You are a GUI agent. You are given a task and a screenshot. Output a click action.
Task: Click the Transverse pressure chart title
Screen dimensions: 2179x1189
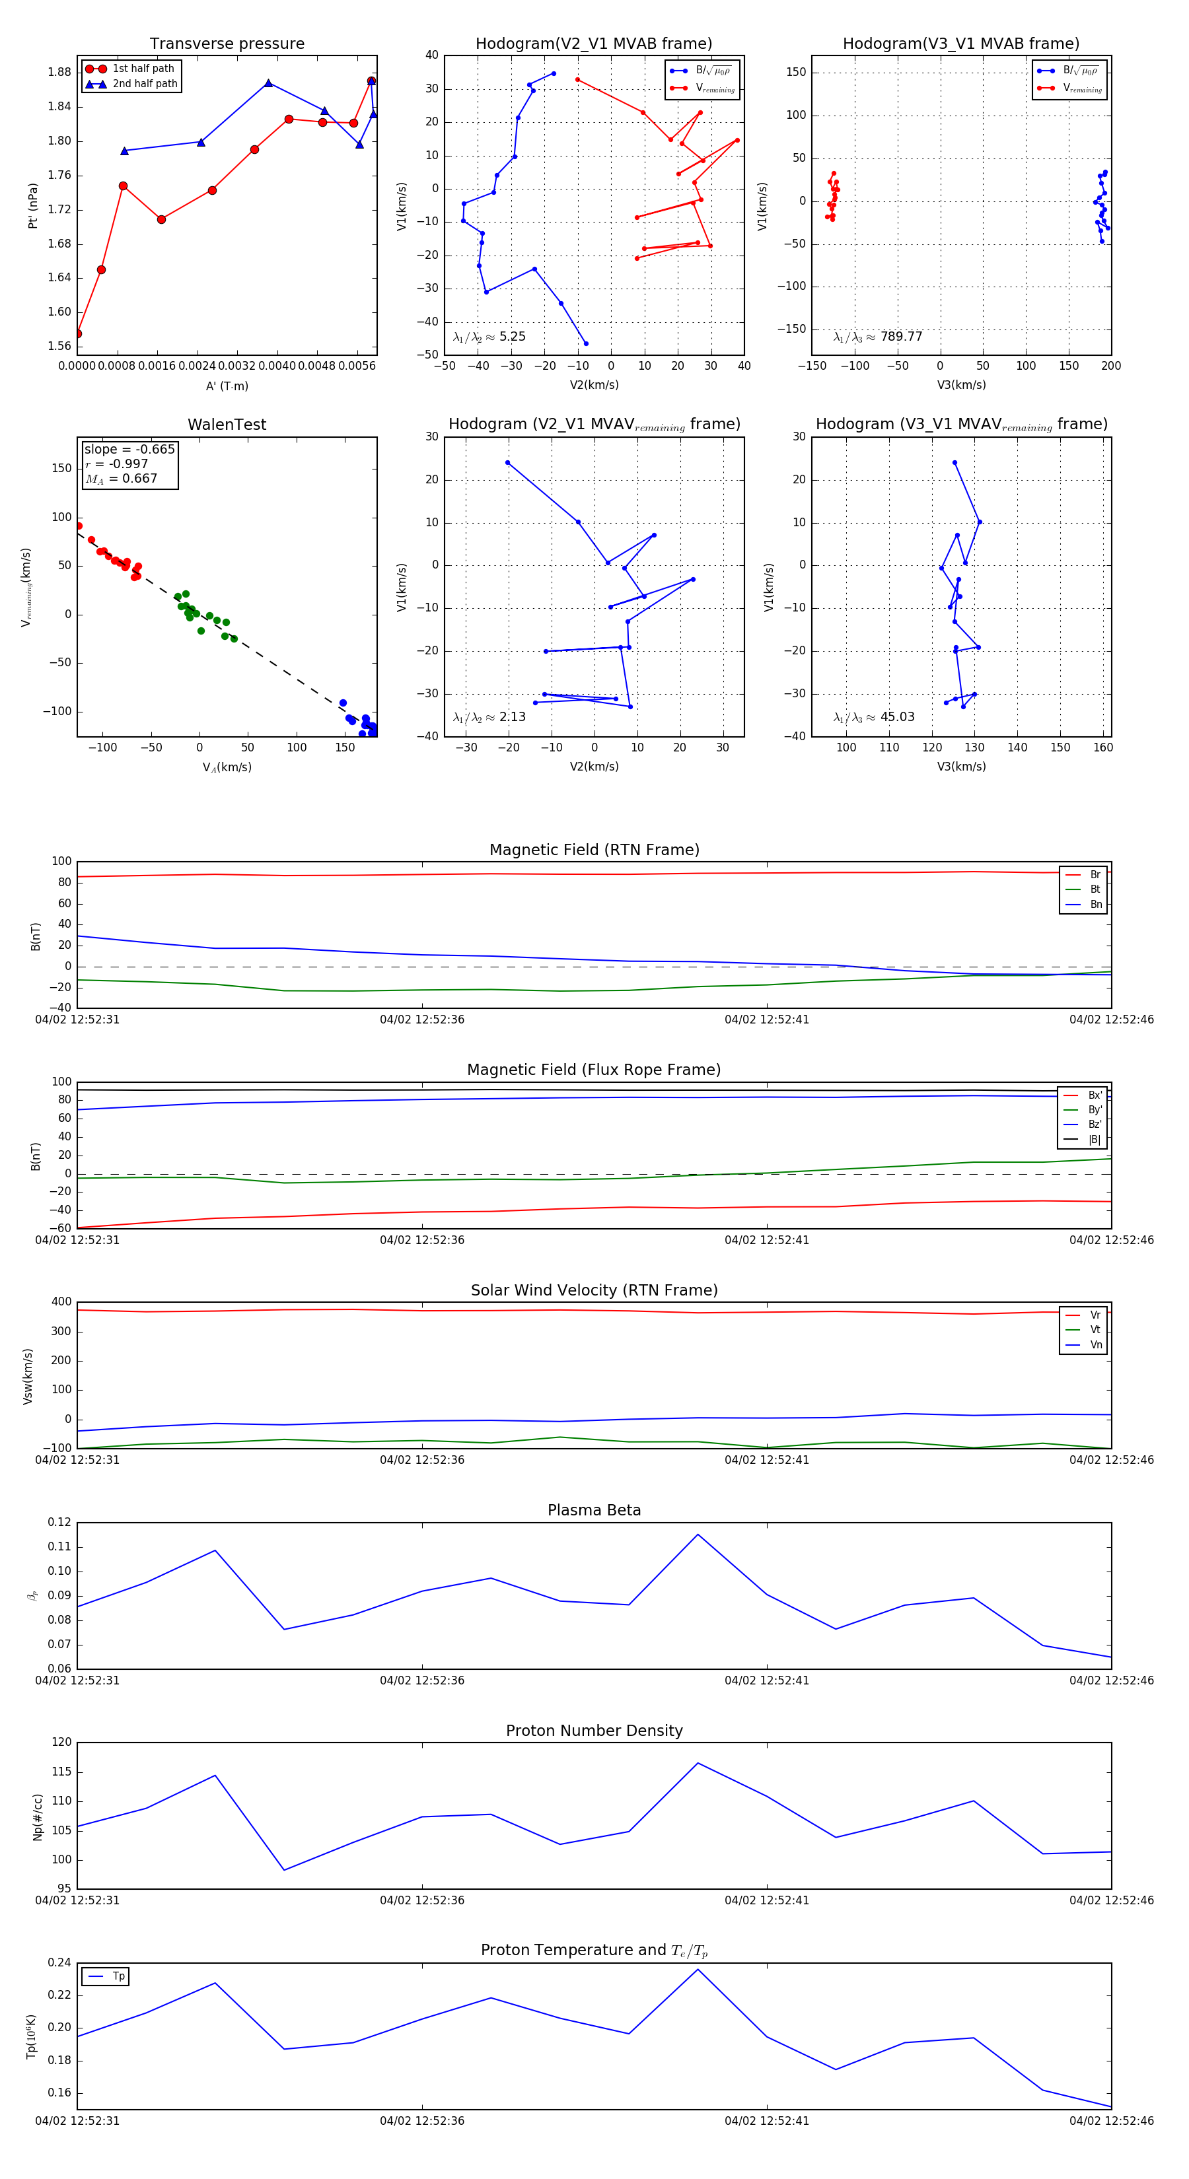pyautogui.click(x=227, y=44)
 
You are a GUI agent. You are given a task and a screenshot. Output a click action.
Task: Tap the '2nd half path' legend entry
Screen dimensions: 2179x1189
pyautogui.click(x=145, y=84)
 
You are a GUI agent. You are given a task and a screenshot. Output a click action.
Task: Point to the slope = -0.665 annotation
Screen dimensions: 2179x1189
pyautogui.click(x=129, y=449)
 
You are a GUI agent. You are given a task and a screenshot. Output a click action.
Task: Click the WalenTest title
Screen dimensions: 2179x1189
pyautogui.click(x=227, y=425)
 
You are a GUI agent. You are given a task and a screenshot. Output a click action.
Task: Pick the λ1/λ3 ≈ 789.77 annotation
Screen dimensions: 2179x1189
pyautogui.click(x=878, y=337)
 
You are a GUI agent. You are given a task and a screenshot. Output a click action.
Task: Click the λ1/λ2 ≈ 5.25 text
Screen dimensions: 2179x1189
pyautogui.click(x=489, y=337)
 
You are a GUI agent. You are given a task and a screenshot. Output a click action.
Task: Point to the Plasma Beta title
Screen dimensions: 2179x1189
pyautogui.click(x=594, y=1510)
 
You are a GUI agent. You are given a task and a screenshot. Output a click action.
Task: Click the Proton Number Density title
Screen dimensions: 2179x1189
pyautogui.click(x=594, y=1731)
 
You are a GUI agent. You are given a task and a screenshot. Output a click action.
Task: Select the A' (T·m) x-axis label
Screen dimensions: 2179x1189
pyautogui.click(x=227, y=386)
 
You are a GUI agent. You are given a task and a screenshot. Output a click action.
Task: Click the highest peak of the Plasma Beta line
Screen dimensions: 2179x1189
pyautogui.click(x=698, y=1535)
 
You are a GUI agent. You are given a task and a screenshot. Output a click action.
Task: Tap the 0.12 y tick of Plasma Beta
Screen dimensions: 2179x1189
pyautogui.click(x=59, y=1522)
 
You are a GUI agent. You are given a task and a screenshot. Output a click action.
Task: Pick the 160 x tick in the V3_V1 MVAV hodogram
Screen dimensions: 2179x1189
pyautogui.click(x=1102, y=747)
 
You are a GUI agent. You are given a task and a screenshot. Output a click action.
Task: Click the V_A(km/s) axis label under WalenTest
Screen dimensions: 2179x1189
pyautogui.click(x=227, y=767)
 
